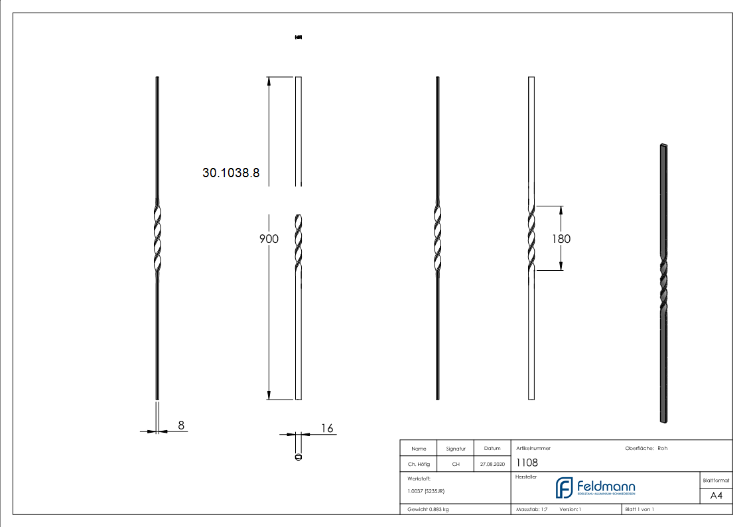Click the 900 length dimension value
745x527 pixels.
(x=269, y=239)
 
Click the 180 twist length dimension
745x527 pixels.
(x=561, y=239)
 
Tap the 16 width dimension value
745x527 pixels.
(x=327, y=428)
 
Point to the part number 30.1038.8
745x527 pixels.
(x=231, y=173)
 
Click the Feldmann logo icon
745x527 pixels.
(x=564, y=487)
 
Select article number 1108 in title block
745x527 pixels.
(x=527, y=463)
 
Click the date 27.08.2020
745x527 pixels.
(x=492, y=465)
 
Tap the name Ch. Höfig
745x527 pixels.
(x=419, y=465)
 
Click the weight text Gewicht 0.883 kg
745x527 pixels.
(x=428, y=509)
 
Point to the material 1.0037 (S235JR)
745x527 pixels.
(x=426, y=491)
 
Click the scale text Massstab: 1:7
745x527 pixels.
(x=531, y=509)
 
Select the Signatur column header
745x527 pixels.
(x=456, y=449)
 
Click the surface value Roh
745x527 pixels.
(x=662, y=448)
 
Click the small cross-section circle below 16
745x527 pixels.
(x=298, y=457)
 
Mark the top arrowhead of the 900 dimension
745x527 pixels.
(x=268, y=81)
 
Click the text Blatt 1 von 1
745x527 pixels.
(x=640, y=509)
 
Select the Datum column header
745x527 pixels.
(x=492, y=449)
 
